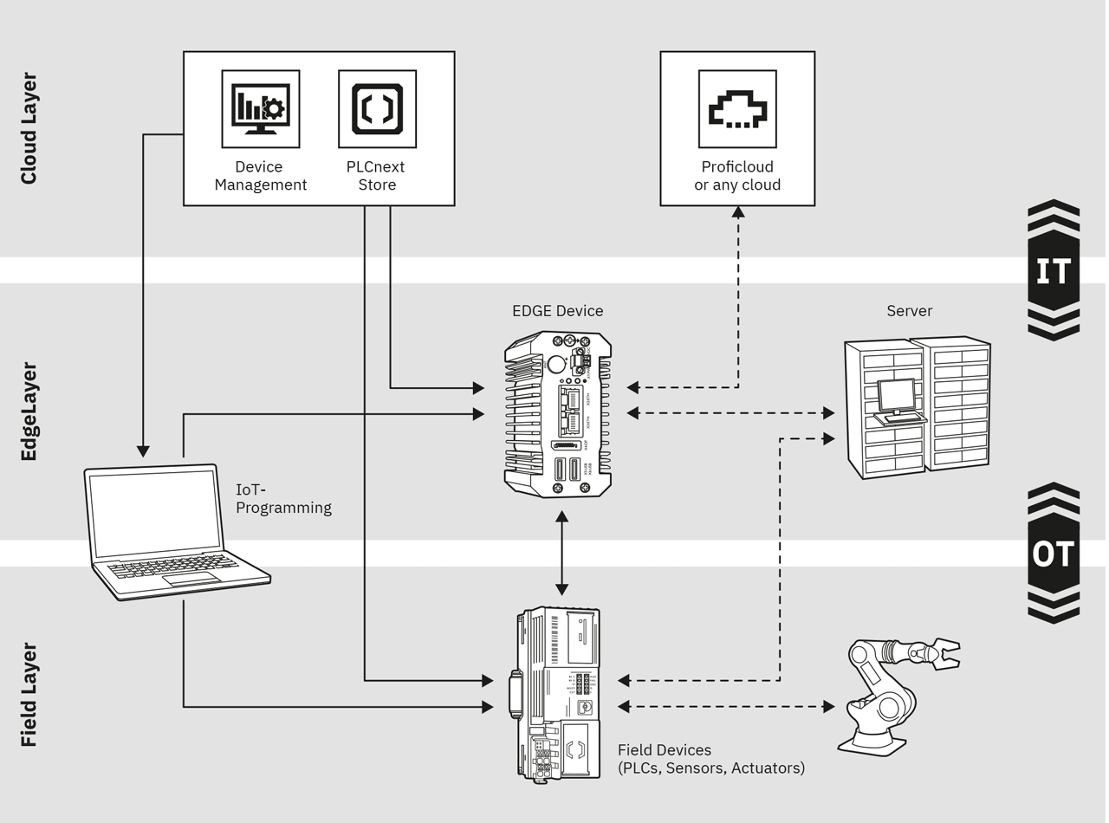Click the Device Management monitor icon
point(260,109)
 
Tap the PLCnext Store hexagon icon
point(377,109)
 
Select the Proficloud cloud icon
point(737,109)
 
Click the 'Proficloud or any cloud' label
point(737,176)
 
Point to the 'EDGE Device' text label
point(557,311)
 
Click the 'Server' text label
point(909,311)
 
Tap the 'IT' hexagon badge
point(1054,271)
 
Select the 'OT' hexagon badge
point(1054,554)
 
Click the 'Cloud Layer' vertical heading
point(29,129)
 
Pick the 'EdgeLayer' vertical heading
point(29,411)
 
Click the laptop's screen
point(156,513)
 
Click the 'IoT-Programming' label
point(283,499)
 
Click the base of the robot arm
point(871,742)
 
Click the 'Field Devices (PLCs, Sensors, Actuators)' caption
point(710,759)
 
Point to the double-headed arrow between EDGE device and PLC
point(561,553)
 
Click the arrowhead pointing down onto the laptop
point(143,451)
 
